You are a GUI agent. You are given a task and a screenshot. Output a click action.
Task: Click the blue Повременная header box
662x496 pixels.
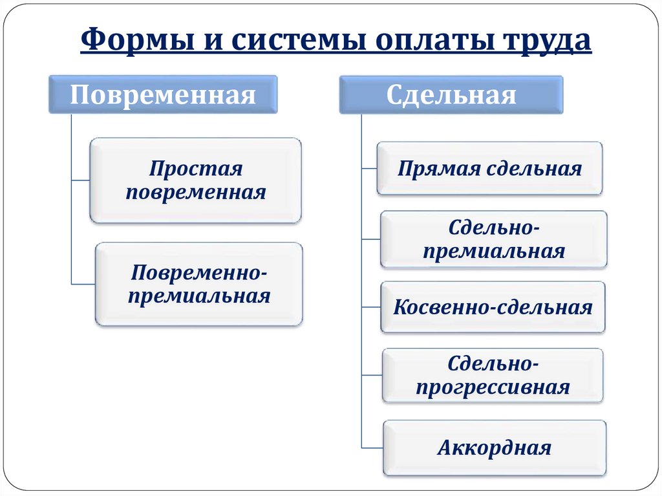click(x=163, y=94)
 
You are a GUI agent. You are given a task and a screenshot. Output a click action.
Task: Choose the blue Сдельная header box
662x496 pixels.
click(x=451, y=94)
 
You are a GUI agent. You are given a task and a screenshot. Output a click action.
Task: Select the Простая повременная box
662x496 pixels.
click(x=195, y=180)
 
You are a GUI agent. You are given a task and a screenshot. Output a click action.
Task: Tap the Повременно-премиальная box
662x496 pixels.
click(x=199, y=284)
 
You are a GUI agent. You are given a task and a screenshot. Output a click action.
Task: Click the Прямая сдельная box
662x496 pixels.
click(x=489, y=168)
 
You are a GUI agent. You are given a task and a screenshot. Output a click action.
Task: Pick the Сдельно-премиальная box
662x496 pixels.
click(x=493, y=239)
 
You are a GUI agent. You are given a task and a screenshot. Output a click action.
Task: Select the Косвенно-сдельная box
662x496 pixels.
click(x=493, y=307)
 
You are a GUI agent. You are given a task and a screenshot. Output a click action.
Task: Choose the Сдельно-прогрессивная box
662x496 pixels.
click(x=493, y=375)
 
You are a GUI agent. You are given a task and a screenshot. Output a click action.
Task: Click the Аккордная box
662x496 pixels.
click(x=495, y=448)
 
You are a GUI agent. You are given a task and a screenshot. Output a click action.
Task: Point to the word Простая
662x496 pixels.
click(x=196, y=169)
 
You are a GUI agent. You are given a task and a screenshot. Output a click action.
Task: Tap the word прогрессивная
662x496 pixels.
click(x=493, y=387)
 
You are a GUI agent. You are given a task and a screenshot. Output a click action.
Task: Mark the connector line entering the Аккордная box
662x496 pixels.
click(x=372, y=448)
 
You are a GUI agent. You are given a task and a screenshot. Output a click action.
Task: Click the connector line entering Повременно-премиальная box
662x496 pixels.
click(x=83, y=284)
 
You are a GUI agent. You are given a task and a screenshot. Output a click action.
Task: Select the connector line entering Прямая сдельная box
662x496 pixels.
click(x=369, y=169)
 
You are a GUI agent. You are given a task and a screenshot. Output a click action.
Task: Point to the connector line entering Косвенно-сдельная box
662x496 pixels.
click(x=371, y=307)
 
